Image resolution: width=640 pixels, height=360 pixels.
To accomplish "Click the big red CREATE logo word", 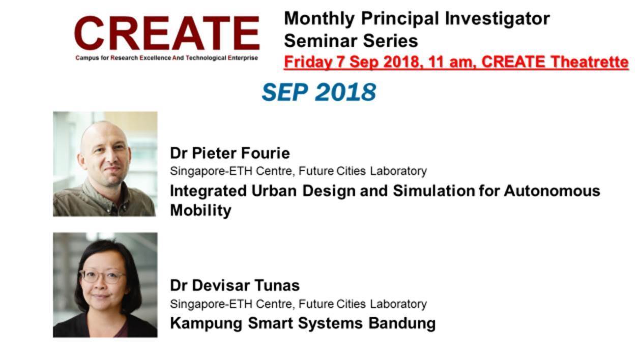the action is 167,33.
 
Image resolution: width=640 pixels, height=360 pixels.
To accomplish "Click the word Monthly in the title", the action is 319,19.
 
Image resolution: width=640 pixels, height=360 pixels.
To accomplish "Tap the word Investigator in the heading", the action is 498,19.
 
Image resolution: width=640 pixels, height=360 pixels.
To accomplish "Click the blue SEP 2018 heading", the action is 319,92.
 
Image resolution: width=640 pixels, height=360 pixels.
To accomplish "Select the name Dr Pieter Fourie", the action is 230,153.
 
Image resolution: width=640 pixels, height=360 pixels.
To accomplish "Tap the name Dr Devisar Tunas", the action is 235,285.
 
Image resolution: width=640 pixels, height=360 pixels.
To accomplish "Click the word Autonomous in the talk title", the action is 551,191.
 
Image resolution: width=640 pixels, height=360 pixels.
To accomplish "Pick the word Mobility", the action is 200,211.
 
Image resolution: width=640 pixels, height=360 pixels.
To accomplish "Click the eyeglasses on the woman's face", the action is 102,276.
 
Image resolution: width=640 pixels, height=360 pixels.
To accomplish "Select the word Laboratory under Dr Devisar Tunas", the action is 398,304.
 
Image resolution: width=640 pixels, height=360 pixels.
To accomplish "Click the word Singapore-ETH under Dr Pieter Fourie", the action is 211,171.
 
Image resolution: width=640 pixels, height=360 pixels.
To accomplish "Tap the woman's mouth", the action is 101,296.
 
